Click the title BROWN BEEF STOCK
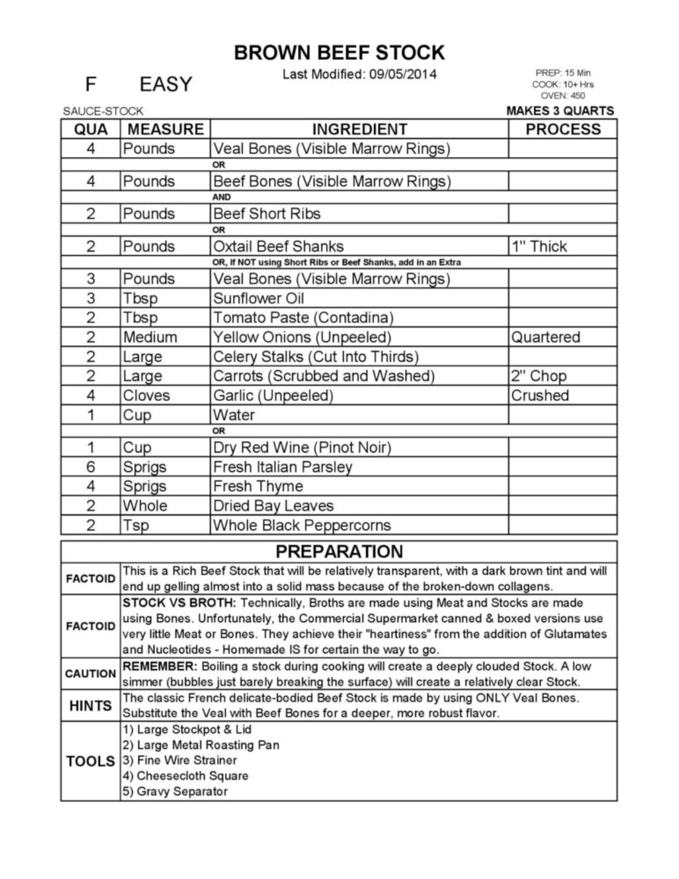click(339, 53)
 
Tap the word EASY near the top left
click(166, 84)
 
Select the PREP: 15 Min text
click(563, 73)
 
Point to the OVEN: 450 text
click(563, 95)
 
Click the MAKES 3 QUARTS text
click(560, 111)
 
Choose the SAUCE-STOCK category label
click(103, 111)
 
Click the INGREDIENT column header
click(359, 129)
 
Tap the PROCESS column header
click(563, 129)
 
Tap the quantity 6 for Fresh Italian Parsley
click(90, 466)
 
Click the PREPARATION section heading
click(339, 551)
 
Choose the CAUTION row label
click(90, 674)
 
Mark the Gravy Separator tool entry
click(175, 791)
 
